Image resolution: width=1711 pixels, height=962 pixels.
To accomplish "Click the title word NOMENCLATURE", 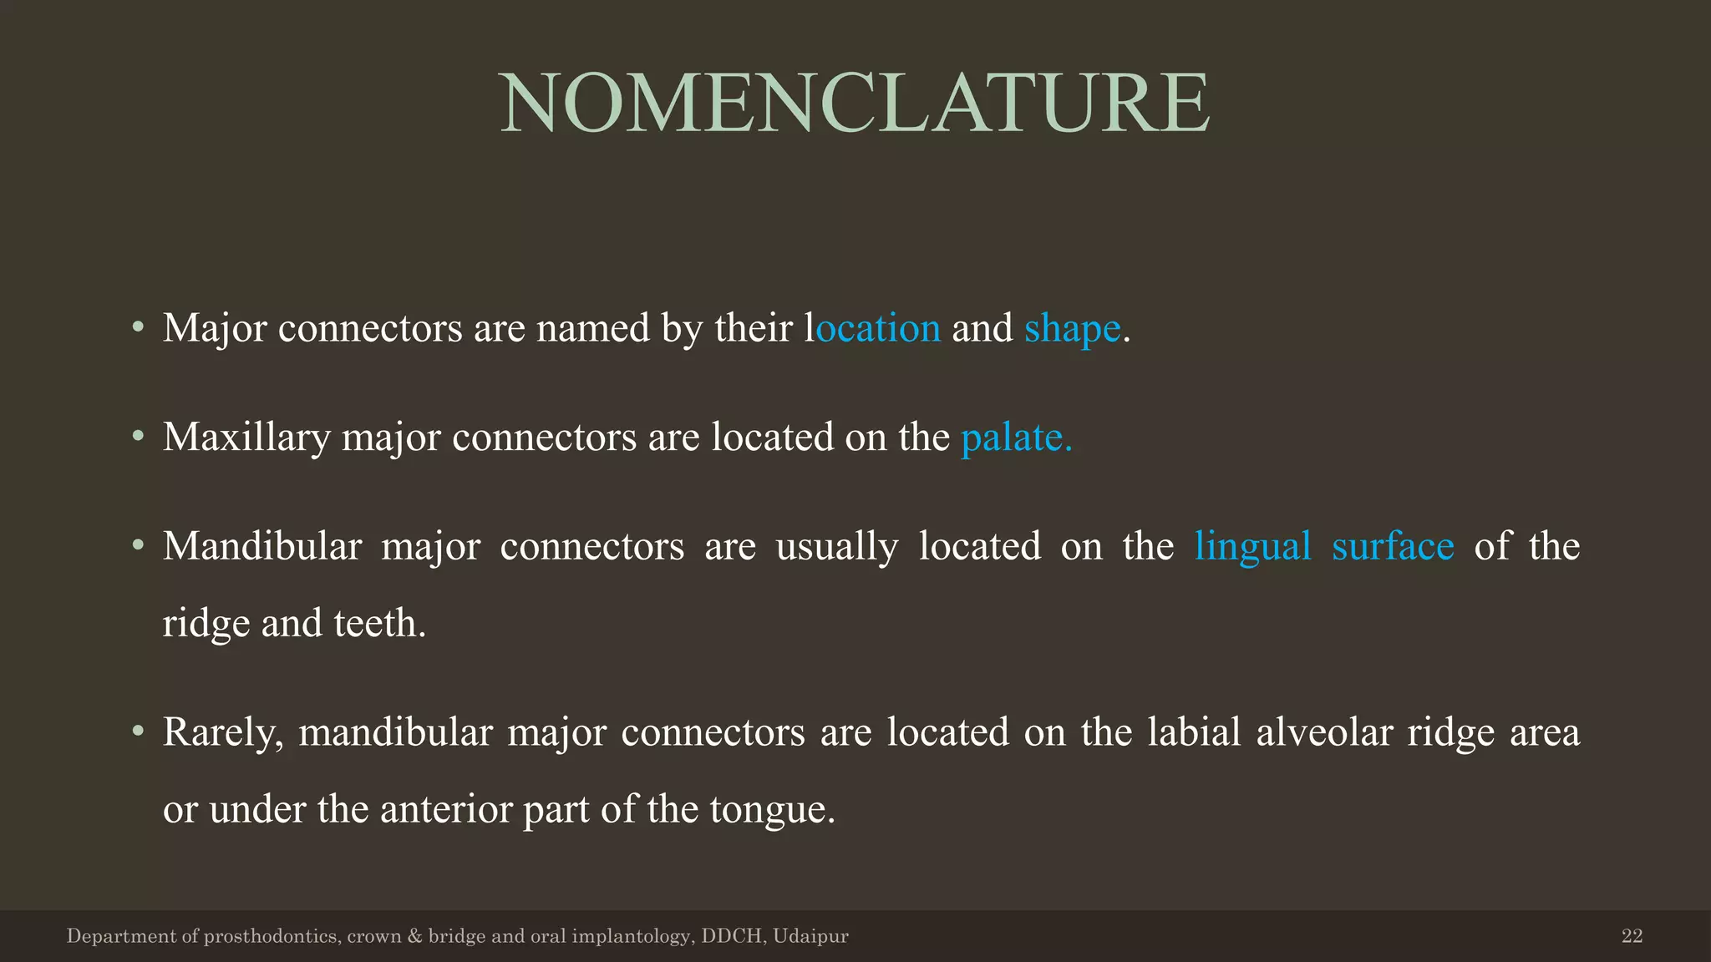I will pos(855,104).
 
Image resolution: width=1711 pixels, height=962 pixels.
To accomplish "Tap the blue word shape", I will pos(1072,328).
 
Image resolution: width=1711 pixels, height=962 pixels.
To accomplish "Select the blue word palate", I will pos(1016,438).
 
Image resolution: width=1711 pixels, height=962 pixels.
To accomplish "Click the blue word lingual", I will pos(1252,547).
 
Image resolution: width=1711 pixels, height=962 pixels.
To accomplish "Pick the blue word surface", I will pos(1393,547).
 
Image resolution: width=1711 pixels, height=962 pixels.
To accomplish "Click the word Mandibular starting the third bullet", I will pos(262,547).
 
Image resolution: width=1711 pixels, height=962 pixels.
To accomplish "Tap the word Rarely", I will pos(224,733).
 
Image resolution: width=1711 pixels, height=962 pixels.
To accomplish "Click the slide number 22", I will pos(1632,936).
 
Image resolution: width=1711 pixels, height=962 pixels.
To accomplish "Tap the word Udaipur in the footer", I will pos(810,936).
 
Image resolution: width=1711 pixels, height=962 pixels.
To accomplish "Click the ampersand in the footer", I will pos(414,936).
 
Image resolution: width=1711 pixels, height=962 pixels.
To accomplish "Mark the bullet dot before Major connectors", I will pos(139,327).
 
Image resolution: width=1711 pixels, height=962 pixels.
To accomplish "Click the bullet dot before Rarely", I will pos(139,732).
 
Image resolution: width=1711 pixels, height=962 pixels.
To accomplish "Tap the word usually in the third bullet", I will pos(836,547).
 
